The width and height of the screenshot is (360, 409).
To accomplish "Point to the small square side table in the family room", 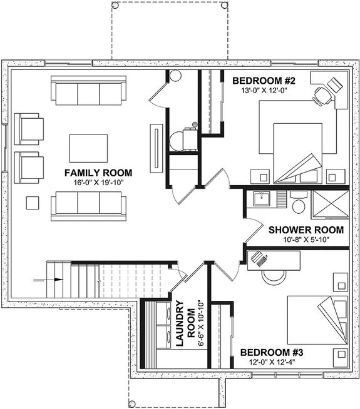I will (31, 202).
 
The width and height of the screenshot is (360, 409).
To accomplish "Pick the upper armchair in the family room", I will (29, 128).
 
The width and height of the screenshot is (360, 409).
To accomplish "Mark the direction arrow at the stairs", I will (54, 279).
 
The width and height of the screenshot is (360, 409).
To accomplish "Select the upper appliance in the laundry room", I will (164, 313).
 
